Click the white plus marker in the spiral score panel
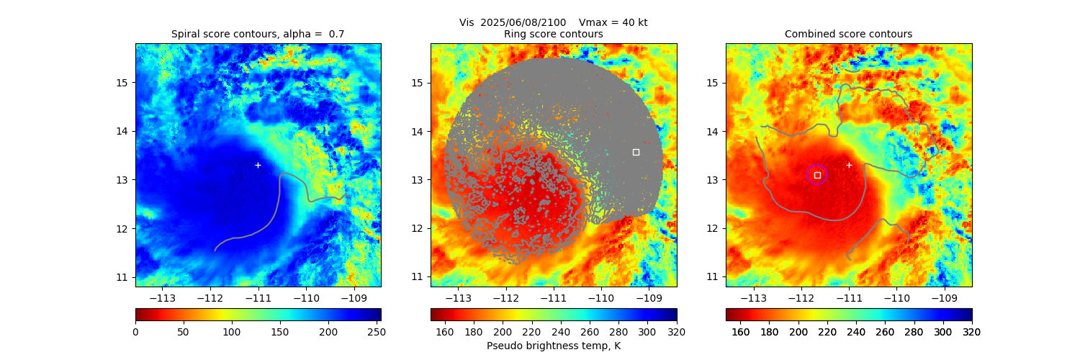(x=258, y=165)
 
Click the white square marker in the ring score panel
(x=636, y=152)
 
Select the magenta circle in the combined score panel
(x=817, y=174)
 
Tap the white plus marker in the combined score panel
(x=849, y=165)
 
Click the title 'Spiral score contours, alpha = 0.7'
(x=258, y=34)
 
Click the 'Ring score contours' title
(x=553, y=34)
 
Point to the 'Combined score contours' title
(x=848, y=34)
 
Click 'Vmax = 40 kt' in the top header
(x=613, y=22)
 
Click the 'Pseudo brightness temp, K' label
(x=553, y=346)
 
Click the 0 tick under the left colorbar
(x=135, y=331)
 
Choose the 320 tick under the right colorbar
(x=972, y=331)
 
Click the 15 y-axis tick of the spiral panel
(x=122, y=82)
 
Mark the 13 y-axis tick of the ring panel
(x=418, y=180)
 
